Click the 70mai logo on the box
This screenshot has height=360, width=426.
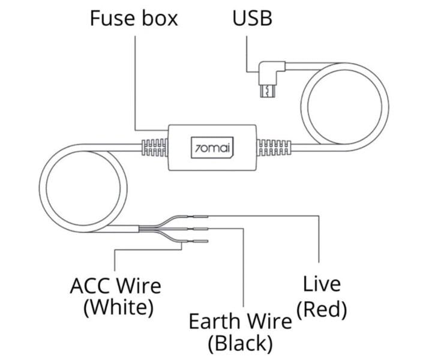[x=214, y=148]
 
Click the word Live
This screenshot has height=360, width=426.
[x=322, y=284]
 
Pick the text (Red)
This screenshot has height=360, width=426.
[x=322, y=309]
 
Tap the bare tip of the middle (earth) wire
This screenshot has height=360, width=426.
[x=200, y=229]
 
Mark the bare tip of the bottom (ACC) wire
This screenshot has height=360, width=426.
[x=200, y=241]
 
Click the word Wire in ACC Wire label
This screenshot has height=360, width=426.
[x=139, y=284]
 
